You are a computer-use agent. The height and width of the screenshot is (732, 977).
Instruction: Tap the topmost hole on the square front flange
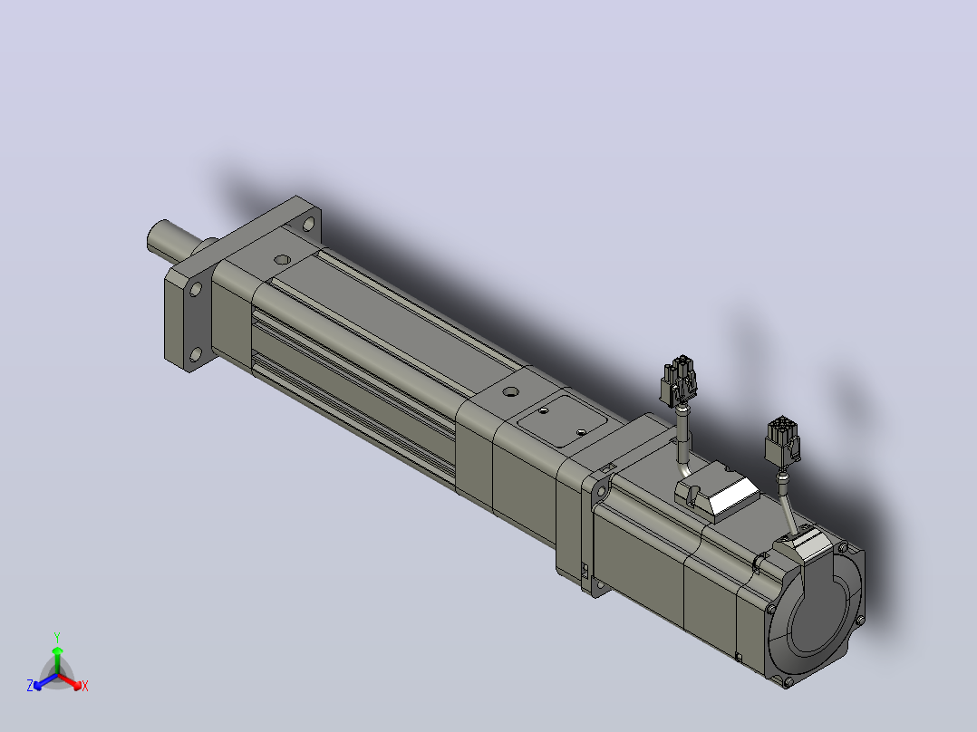click(x=308, y=224)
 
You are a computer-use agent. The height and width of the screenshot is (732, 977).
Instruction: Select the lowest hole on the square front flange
click(x=195, y=355)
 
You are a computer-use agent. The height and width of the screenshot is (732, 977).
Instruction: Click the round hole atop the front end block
click(x=282, y=258)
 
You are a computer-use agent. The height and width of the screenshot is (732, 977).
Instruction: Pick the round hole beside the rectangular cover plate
click(x=511, y=392)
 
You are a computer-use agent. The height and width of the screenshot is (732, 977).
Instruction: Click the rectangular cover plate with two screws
click(x=563, y=421)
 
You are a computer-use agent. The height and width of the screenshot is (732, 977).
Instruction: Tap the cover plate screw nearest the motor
click(x=581, y=431)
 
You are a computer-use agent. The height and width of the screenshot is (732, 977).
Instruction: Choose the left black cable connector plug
click(x=679, y=381)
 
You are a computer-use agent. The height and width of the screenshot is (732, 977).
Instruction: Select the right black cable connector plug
click(x=783, y=440)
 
